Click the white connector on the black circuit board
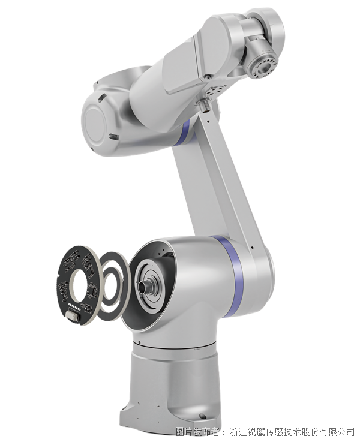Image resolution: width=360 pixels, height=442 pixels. tap(73, 315)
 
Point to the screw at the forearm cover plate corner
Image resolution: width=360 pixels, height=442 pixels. tap(208, 77)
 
